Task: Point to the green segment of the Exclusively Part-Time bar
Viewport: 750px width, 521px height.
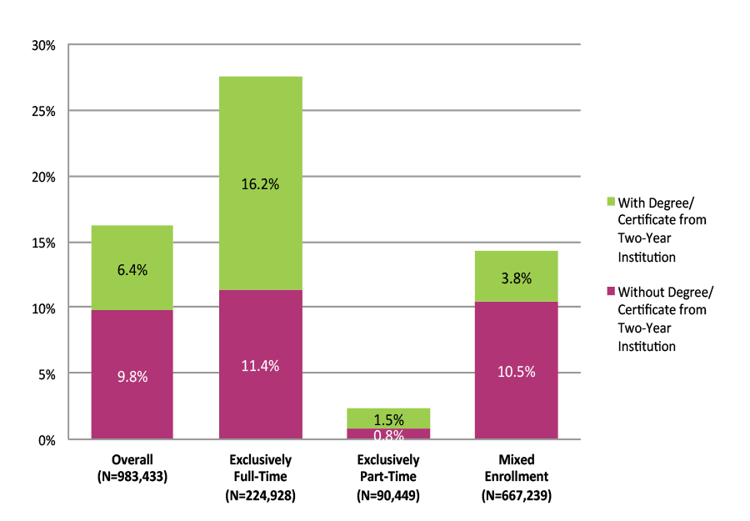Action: [x=388, y=418]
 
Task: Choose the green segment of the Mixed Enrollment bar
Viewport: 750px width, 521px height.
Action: [x=516, y=276]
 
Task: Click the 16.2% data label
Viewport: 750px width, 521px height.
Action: [x=261, y=185]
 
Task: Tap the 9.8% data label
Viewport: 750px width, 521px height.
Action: [x=132, y=377]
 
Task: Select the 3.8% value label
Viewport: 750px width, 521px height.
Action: [x=516, y=279]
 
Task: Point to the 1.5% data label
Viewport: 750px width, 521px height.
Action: [x=388, y=420]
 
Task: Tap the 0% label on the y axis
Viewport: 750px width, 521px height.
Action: [x=47, y=440]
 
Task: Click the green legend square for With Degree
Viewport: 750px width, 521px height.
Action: [x=610, y=202]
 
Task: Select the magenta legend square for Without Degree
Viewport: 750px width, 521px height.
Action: [x=610, y=292]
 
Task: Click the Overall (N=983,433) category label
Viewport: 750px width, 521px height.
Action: [x=132, y=468]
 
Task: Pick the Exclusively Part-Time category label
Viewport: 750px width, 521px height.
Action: [x=388, y=468]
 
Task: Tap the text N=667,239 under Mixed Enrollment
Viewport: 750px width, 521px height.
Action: [x=517, y=495]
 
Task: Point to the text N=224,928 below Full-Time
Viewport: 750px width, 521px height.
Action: [x=261, y=495]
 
